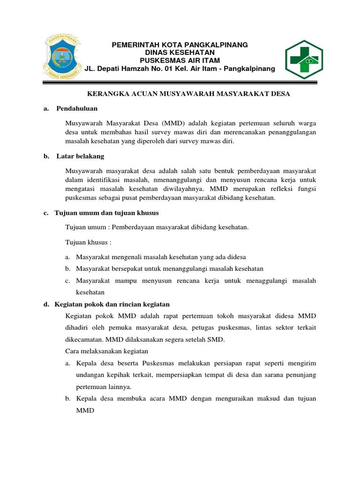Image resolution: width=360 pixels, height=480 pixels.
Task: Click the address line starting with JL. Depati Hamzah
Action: pyautogui.click(x=180, y=69)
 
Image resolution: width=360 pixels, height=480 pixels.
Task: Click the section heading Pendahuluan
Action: pyautogui.click(x=77, y=108)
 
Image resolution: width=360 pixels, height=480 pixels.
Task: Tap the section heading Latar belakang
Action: pyautogui.click(x=80, y=156)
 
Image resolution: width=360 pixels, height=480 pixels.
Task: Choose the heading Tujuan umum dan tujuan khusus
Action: pyautogui.click(x=107, y=213)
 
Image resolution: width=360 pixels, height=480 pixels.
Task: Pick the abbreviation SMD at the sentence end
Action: pyautogui.click(x=217, y=339)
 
